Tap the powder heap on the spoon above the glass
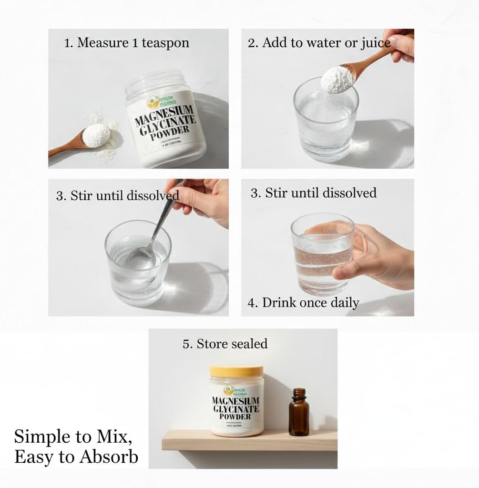[x=336, y=78]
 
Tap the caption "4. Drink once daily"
[x=303, y=303]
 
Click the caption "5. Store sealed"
[x=225, y=344]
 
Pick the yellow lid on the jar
[x=236, y=371]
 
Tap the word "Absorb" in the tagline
[x=109, y=457]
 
